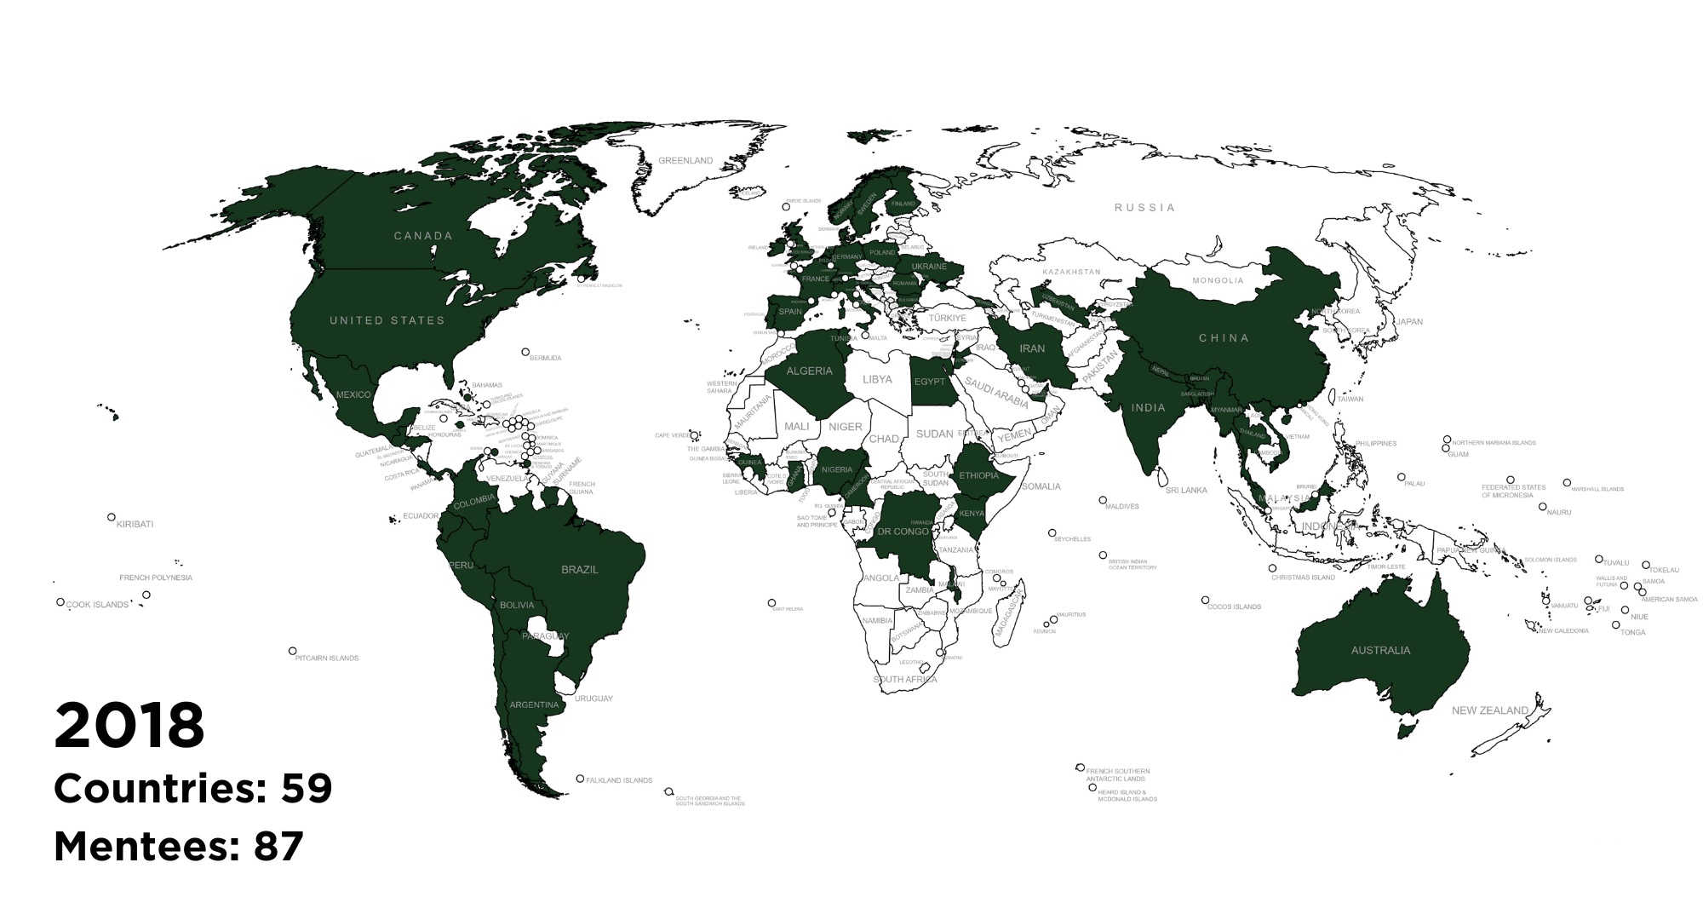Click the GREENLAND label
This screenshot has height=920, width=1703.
tap(686, 160)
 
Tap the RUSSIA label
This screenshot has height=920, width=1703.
tap(1145, 207)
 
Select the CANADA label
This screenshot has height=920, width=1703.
tap(423, 236)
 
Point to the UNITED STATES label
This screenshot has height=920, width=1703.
tap(387, 320)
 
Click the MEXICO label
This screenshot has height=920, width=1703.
tap(353, 394)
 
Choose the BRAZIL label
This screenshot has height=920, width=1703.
tap(580, 569)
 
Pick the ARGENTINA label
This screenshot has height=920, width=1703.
tap(534, 704)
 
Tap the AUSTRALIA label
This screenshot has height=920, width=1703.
tap(1380, 650)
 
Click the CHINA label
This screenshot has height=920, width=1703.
tap(1224, 338)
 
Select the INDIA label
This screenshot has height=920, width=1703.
tap(1148, 408)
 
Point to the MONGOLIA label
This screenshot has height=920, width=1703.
tap(1218, 280)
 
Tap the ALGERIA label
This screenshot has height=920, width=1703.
tap(809, 371)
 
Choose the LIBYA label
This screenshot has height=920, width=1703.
tap(877, 379)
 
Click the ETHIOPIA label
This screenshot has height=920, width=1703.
tap(978, 475)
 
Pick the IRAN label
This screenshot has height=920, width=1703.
tap(1032, 348)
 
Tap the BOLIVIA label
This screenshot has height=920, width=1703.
tap(517, 605)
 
